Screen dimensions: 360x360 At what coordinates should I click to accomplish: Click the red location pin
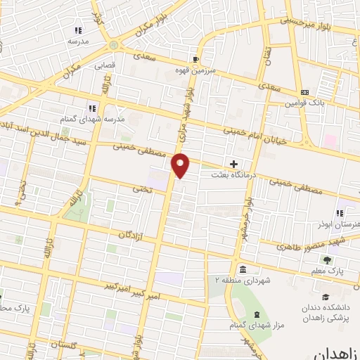(x=181, y=165)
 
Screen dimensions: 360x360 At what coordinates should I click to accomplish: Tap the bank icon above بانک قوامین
(x=304, y=92)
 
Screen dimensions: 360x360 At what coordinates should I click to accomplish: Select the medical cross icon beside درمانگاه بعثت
(x=234, y=163)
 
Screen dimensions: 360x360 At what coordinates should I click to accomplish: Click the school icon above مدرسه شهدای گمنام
(x=91, y=108)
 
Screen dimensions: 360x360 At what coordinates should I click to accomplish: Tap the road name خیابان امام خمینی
(x=256, y=135)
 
